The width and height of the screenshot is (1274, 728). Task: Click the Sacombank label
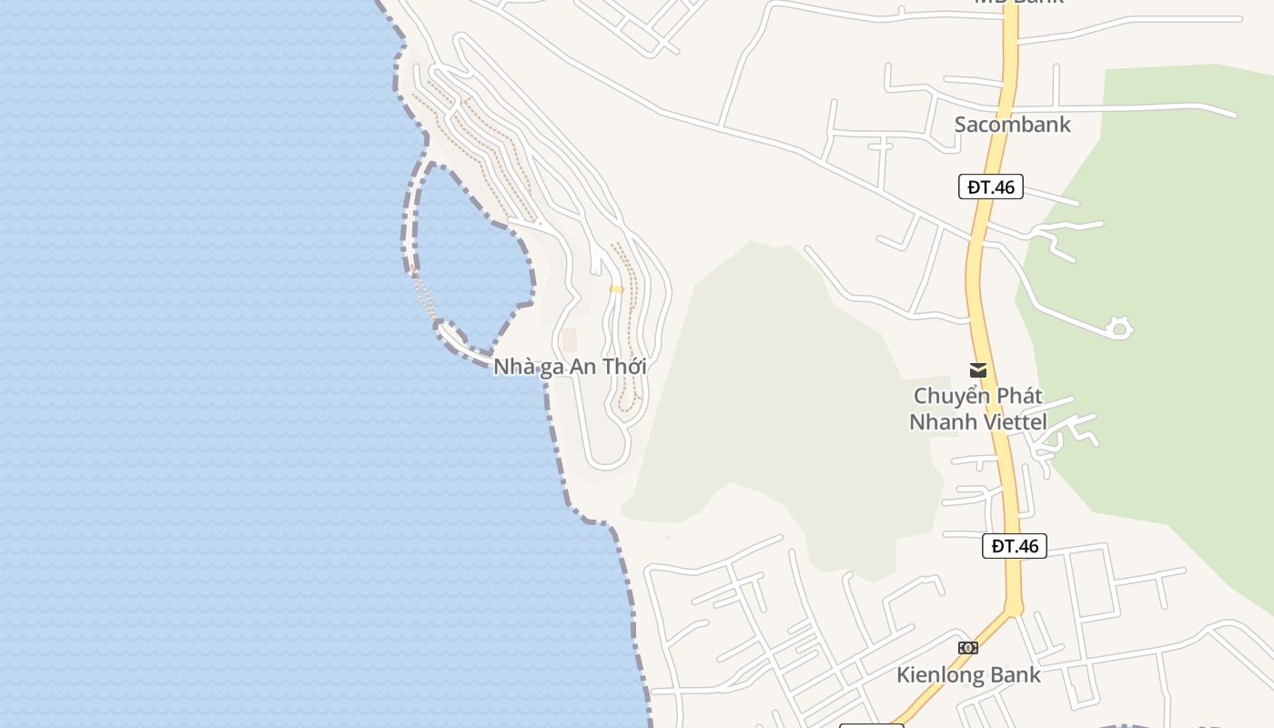[1012, 125]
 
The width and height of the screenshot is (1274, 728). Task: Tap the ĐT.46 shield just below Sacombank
[991, 187]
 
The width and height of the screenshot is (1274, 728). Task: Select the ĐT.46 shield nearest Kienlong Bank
[1015, 546]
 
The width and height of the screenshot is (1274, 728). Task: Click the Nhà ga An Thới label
[570, 367]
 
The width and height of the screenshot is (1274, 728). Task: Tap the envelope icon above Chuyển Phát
[978, 370]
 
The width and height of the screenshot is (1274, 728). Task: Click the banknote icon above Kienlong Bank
[968, 648]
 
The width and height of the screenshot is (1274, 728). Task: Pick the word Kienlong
[941, 675]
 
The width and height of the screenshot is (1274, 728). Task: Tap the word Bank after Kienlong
[1016, 675]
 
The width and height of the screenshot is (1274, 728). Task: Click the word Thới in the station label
[623, 367]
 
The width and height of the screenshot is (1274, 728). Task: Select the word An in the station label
[581, 367]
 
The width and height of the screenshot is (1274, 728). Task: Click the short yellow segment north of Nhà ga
[616, 289]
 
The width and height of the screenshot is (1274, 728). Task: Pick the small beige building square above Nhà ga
[569, 339]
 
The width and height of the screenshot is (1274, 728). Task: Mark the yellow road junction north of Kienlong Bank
[1014, 607]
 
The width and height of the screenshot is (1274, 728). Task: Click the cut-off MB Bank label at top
[1019, 3]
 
